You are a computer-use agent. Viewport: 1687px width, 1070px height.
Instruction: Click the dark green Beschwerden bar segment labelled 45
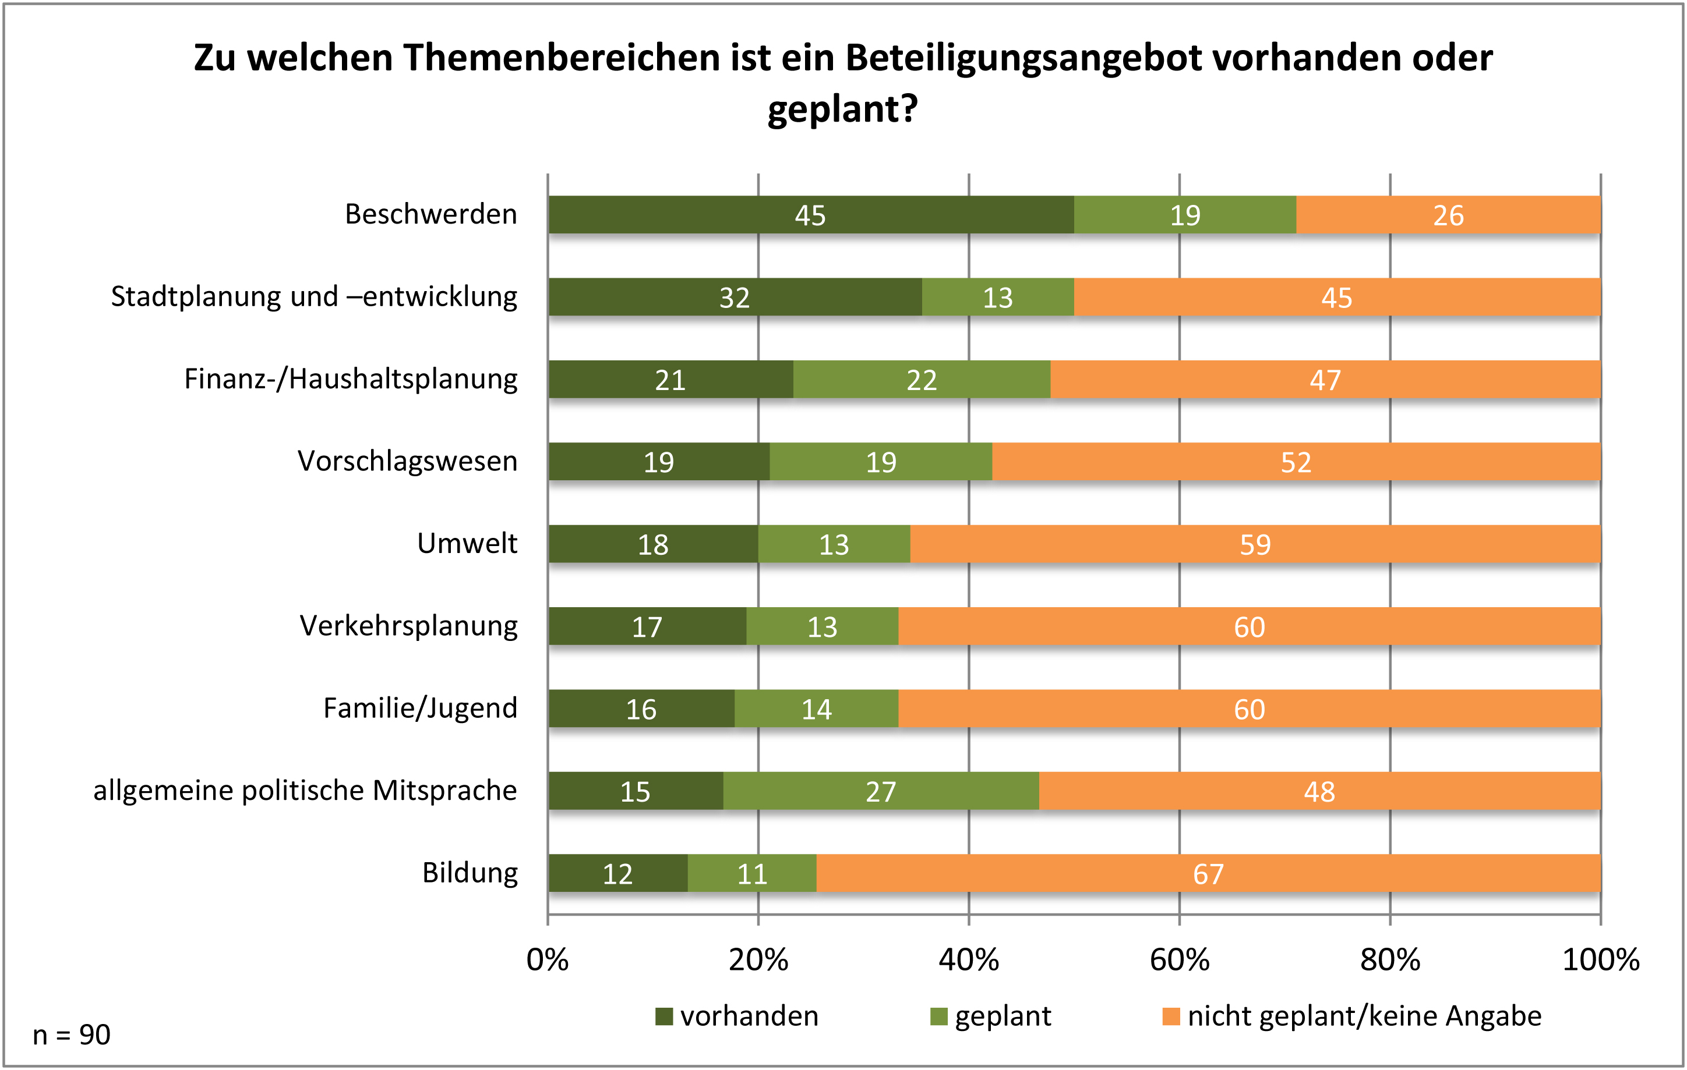[810, 215]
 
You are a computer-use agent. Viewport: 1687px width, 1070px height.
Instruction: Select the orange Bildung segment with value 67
[1209, 873]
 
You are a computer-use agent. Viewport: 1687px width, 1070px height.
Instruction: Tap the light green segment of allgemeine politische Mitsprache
[881, 791]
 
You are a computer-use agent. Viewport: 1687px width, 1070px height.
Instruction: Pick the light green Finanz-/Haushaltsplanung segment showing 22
[921, 380]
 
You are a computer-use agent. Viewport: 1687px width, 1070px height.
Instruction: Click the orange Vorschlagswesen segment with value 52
[1296, 462]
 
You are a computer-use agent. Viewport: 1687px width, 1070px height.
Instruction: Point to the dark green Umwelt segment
[653, 544]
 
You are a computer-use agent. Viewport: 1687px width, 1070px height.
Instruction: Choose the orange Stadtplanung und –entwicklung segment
[1337, 297]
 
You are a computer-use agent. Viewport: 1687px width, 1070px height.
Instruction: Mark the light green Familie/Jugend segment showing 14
[816, 708]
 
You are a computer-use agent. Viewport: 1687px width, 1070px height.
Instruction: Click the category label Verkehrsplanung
[408, 626]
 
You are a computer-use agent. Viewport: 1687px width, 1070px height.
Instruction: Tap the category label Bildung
[470, 873]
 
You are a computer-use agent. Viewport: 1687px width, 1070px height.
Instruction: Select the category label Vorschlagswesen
[407, 462]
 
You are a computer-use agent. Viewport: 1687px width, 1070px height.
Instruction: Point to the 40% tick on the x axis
[969, 959]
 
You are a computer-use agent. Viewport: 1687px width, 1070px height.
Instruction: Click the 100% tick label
[1601, 959]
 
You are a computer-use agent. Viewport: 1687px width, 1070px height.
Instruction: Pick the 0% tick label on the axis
[547, 959]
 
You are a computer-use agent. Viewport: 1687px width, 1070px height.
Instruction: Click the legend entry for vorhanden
[737, 1016]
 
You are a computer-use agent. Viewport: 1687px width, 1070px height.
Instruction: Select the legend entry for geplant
[991, 1016]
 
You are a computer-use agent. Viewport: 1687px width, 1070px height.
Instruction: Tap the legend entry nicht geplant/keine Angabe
[1352, 1016]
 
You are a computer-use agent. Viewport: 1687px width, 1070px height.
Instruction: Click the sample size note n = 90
[72, 1034]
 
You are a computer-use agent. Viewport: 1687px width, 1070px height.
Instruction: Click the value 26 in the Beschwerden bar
[1448, 215]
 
